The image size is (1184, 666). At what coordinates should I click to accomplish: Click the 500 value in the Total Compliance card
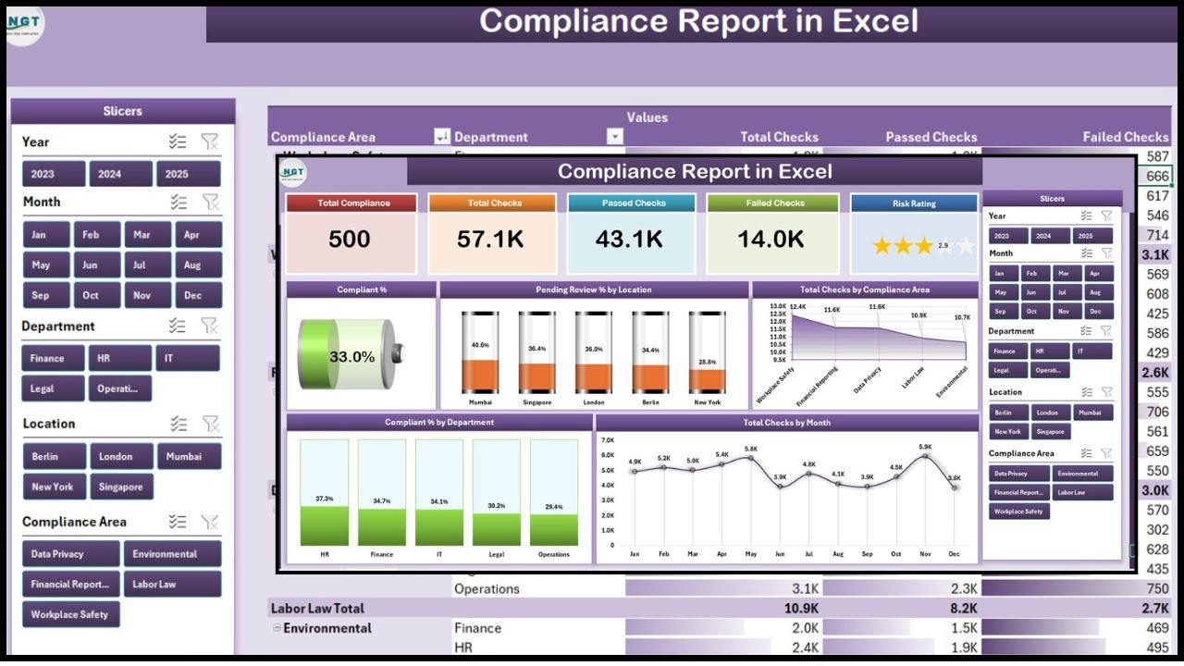tap(350, 240)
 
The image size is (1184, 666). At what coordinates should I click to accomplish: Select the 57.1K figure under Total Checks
tap(490, 240)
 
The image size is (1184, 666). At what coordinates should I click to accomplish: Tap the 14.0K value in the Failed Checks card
tap(771, 240)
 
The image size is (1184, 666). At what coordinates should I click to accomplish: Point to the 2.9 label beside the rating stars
tap(943, 246)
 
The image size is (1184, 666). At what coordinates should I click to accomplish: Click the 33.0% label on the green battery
tap(351, 356)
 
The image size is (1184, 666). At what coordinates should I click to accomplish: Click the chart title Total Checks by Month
tap(786, 423)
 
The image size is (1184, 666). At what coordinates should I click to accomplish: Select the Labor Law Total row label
tap(317, 609)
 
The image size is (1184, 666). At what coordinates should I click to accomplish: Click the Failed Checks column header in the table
tap(1125, 137)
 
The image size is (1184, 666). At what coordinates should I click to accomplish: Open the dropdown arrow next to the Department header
tap(614, 137)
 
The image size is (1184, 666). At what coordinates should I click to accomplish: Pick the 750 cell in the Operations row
tap(1156, 589)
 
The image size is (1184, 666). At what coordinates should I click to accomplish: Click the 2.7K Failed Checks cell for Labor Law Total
tap(1154, 609)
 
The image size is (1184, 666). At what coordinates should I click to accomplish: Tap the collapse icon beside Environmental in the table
tap(276, 628)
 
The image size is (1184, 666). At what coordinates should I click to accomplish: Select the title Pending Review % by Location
tap(593, 290)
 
